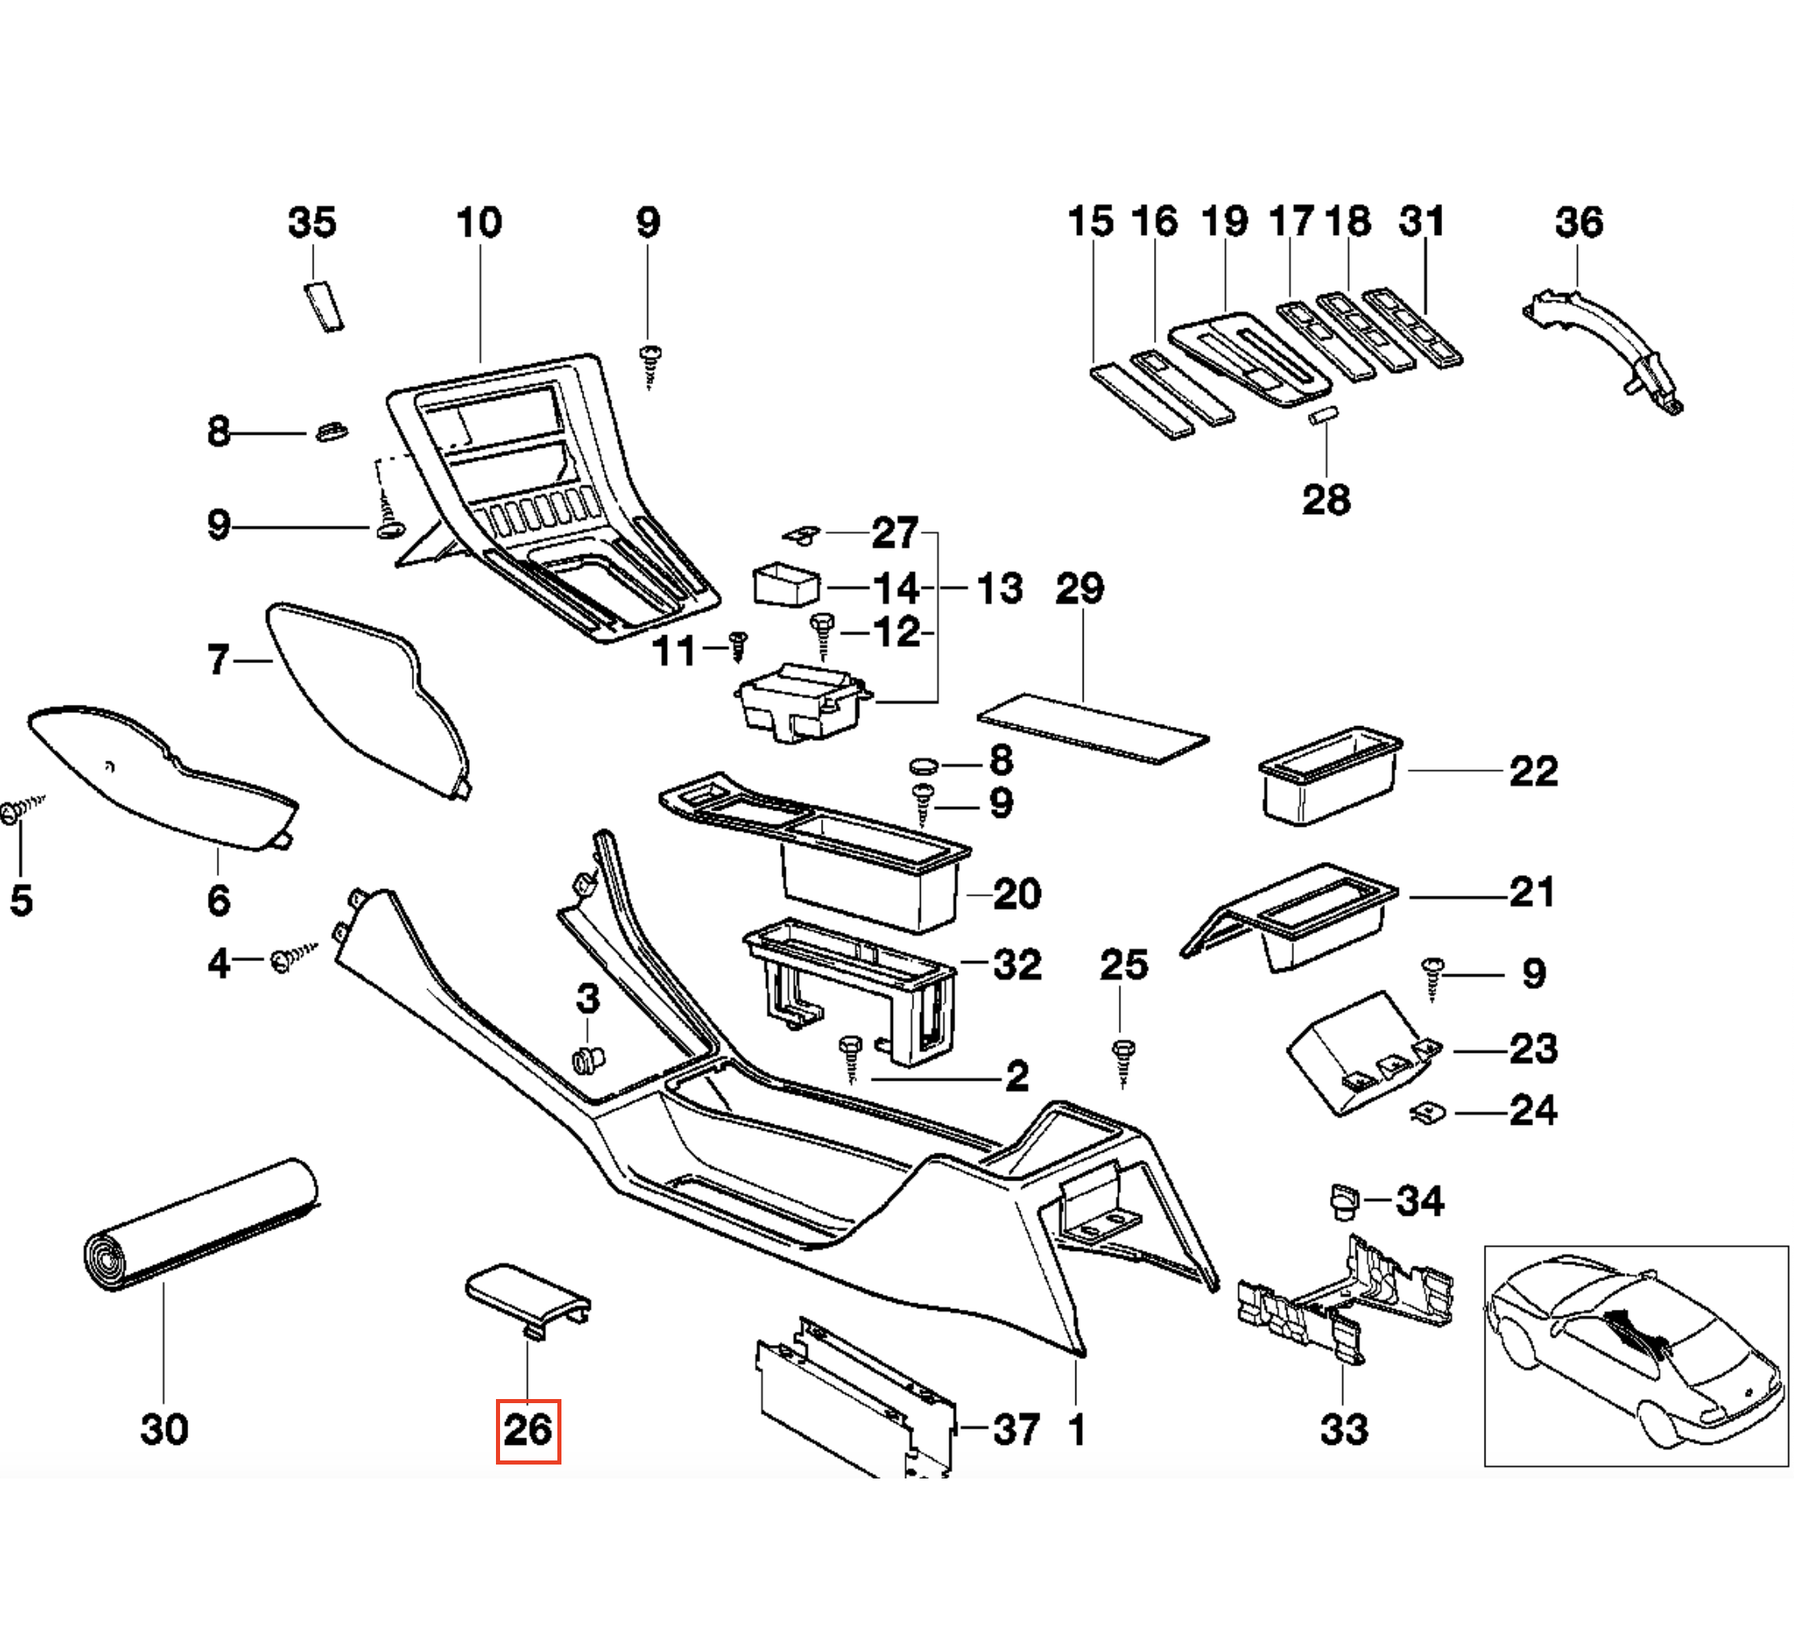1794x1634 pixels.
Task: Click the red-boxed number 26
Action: coord(528,1430)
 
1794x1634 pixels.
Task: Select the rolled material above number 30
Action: coord(201,1225)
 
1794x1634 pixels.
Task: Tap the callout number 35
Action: coord(313,223)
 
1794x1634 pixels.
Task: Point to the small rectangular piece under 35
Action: coord(325,306)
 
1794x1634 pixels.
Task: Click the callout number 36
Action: coord(1579,223)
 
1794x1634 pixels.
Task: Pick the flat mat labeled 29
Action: coord(1093,728)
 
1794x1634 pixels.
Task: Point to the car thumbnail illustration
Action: coord(1635,1355)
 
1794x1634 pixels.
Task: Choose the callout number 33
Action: coord(1344,1429)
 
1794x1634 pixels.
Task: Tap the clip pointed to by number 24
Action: coord(1428,1113)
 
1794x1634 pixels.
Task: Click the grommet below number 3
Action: coord(588,1059)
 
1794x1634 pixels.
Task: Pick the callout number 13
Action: coord(999,589)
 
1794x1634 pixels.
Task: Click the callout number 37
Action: coord(1016,1430)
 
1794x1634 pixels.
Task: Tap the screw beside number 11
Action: coord(737,646)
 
